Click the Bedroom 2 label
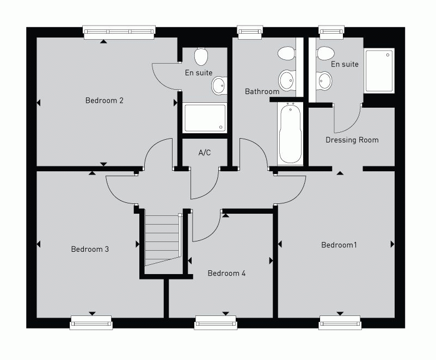tap(105, 101)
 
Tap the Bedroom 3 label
tap(90, 249)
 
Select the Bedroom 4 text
tap(226, 273)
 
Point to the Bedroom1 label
tap(339, 245)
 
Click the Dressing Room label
tap(352, 140)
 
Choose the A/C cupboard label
tap(204, 153)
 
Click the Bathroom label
tap(262, 91)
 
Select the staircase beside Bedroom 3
tap(162, 239)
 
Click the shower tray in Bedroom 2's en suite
tap(205, 117)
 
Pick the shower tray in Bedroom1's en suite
tap(379, 71)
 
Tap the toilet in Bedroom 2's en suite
tap(201, 55)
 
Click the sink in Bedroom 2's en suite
tap(219, 85)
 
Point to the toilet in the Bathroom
tap(286, 54)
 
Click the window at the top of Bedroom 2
tap(120, 32)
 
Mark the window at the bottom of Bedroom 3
tap(91, 323)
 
